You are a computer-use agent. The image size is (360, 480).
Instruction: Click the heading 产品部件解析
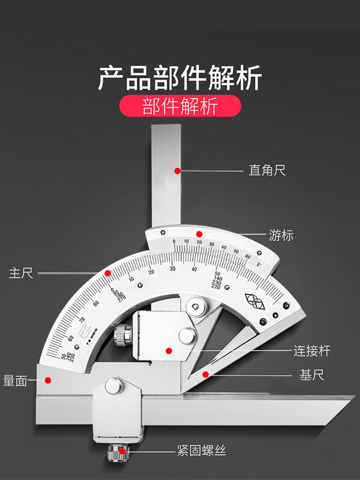click(x=180, y=78)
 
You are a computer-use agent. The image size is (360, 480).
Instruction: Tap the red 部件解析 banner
click(x=180, y=106)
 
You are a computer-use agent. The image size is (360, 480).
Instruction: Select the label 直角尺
click(x=267, y=170)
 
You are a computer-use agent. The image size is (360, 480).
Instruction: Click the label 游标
click(x=281, y=236)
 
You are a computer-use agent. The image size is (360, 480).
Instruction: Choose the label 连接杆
click(x=312, y=350)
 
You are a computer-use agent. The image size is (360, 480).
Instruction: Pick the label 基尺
click(x=312, y=375)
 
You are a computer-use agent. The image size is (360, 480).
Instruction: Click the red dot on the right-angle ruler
click(x=177, y=170)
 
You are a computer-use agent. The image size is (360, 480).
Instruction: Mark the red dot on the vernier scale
click(x=199, y=234)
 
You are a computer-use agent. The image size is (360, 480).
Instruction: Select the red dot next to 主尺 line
click(x=108, y=273)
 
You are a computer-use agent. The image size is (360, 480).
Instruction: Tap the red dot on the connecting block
click(x=168, y=351)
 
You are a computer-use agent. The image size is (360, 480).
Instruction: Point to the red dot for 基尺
click(x=205, y=374)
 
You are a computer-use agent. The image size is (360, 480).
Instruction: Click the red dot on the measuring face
click(x=48, y=380)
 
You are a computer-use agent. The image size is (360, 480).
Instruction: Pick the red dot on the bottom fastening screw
click(x=123, y=451)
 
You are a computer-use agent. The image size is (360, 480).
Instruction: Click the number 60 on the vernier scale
click(x=248, y=257)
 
